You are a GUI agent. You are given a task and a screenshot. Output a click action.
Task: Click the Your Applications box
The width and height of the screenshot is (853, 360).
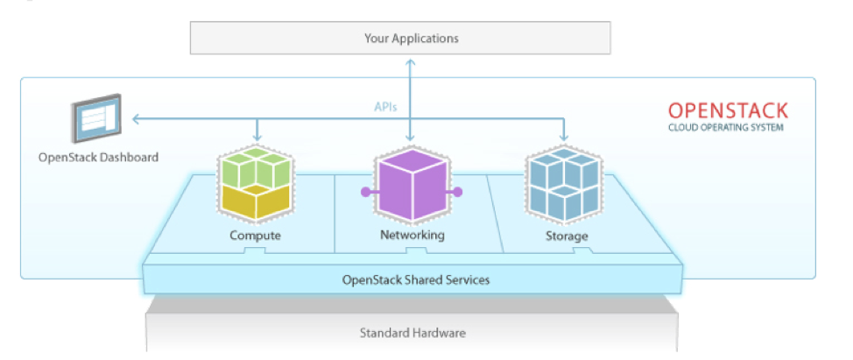(411, 39)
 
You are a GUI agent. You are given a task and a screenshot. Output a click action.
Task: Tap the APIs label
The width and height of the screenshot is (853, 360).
(385, 108)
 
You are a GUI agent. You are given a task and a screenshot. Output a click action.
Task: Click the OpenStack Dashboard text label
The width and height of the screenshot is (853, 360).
(98, 158)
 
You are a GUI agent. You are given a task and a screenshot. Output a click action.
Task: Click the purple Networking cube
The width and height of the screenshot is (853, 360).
(411, 186)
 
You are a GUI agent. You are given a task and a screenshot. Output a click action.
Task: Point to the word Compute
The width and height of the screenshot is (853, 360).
(255, 236)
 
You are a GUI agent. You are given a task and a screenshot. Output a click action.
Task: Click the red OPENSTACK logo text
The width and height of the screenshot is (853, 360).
(727, 111)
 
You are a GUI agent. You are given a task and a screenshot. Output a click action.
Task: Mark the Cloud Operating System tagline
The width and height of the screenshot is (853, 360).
(726, 128)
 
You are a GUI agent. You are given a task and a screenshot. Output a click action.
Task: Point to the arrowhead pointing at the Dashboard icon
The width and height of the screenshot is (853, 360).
(136, 119)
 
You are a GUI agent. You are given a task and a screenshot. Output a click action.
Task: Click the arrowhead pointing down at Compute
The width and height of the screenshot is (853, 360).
(257, 137)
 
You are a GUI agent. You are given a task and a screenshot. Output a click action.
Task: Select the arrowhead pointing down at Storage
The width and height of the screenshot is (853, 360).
(564, 137)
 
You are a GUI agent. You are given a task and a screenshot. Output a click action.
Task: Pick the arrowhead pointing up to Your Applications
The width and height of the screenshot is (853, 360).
(411, 61)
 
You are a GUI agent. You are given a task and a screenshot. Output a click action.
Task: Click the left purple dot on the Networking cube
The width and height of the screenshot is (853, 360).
(363, 191)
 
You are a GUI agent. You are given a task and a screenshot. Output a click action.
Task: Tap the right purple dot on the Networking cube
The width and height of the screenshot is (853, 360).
(457, 191)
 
